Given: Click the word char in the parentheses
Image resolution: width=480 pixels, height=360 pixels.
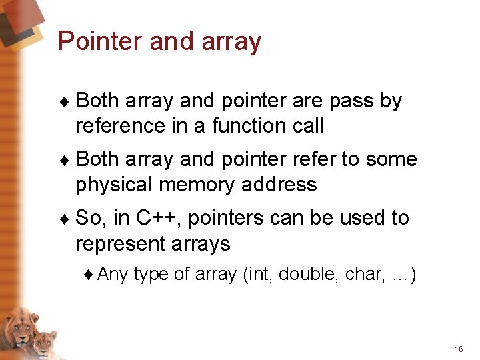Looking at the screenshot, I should (x=363, y=274).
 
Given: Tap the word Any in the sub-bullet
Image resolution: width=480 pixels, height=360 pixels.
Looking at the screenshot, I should (x=113, y=274).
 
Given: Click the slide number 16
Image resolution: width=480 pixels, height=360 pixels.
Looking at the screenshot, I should (x=458, y=349).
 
